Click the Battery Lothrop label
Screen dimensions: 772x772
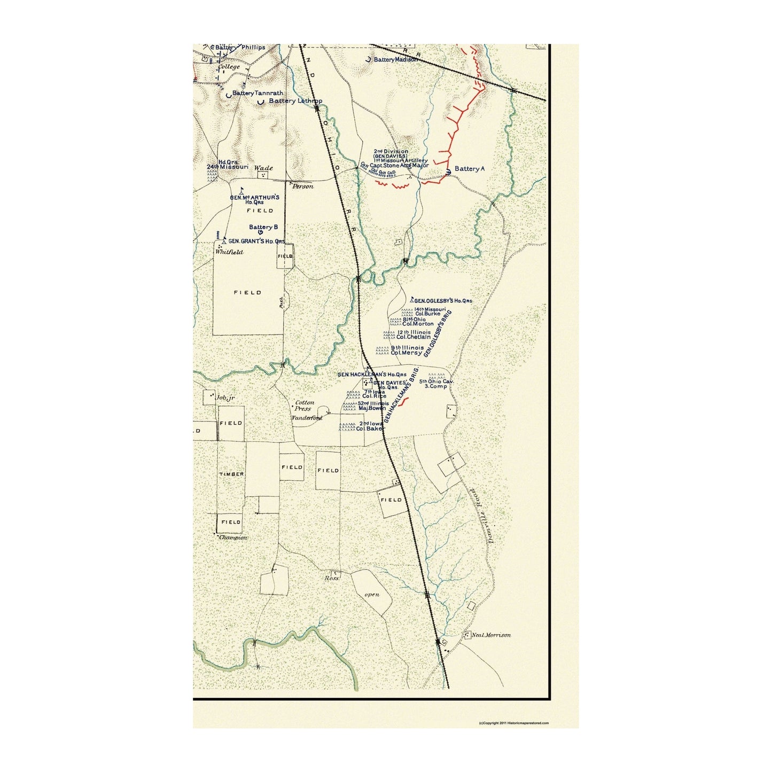click(295, 101)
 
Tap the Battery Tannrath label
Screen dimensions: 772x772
click(258, 93)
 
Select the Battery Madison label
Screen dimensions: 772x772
click(395, 60)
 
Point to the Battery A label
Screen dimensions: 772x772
click(469, 169)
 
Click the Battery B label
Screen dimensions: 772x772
click(263, 227)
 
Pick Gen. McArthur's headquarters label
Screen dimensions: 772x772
click(255, 199)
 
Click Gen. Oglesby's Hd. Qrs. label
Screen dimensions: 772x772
click(443, 301)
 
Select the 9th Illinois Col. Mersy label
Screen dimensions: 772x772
click(407, 350)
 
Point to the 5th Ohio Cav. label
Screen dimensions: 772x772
click(436, 384)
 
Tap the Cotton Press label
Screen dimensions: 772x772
click(305, 406)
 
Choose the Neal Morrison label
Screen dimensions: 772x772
click(490, 635)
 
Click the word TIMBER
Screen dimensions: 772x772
click(231, 474)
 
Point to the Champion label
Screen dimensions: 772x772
click(233, 537)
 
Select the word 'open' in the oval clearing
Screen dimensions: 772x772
click(372, 595)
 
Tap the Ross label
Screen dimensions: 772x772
click(332, 578)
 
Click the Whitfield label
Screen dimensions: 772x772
click(229, 252)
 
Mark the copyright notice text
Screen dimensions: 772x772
click(513, 723)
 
